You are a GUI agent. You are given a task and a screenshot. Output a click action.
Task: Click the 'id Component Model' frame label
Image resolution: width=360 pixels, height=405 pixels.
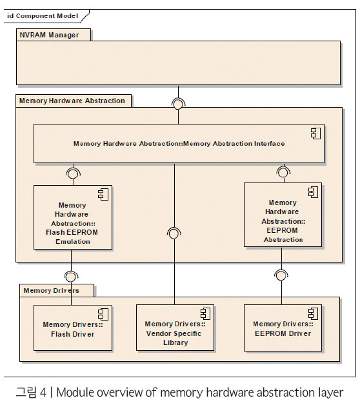tap(43, 16)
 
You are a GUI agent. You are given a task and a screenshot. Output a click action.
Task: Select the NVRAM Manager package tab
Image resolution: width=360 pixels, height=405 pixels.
tap(54, 35)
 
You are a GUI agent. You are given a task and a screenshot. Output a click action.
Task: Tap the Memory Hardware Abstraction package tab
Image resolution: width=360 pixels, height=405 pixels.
tap(74, 101)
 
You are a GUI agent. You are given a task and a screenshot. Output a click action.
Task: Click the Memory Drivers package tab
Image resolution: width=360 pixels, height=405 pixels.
tap(57, 291)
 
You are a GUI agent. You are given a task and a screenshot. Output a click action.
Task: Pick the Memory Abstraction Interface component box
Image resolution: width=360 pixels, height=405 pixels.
tap(179, 143)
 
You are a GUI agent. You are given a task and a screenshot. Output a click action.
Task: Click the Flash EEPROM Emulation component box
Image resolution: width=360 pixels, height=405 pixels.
tap(73, 217)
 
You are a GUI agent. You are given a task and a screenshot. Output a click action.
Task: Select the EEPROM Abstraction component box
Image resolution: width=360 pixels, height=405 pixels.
tap(283, 215)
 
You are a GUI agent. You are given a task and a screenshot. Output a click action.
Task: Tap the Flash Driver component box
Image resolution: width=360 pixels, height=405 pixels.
tap(73, 328)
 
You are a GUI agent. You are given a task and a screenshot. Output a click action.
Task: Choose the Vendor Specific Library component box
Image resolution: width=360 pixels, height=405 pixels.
tap(175, 328)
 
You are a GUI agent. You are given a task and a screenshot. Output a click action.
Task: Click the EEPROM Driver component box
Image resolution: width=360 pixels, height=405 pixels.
tap(283, 328)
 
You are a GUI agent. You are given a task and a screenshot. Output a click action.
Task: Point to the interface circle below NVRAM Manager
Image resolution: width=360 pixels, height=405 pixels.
tap(178, 104)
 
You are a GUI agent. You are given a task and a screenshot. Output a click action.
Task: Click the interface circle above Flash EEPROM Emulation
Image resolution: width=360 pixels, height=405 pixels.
tap(74, 173)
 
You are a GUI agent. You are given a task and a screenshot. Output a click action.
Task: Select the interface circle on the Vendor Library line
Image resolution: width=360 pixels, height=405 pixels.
tap(174, 233)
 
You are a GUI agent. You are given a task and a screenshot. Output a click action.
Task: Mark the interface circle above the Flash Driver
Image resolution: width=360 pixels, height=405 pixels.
tap(71, 277)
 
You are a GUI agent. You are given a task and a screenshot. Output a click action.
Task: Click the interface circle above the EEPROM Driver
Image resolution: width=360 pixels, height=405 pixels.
tap(281, 276)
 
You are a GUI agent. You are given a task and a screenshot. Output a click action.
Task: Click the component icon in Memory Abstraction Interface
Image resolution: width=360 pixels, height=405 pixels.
tap(315, 133)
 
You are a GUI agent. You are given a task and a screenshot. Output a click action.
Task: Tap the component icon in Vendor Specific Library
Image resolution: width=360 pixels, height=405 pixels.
tap(205, 314)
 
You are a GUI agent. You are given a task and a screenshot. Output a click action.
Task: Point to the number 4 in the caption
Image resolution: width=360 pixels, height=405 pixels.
tap(43, 392)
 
